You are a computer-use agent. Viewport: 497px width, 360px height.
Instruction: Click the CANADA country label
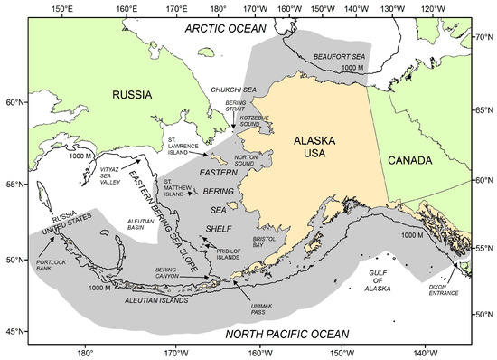click(x=408, y=159)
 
